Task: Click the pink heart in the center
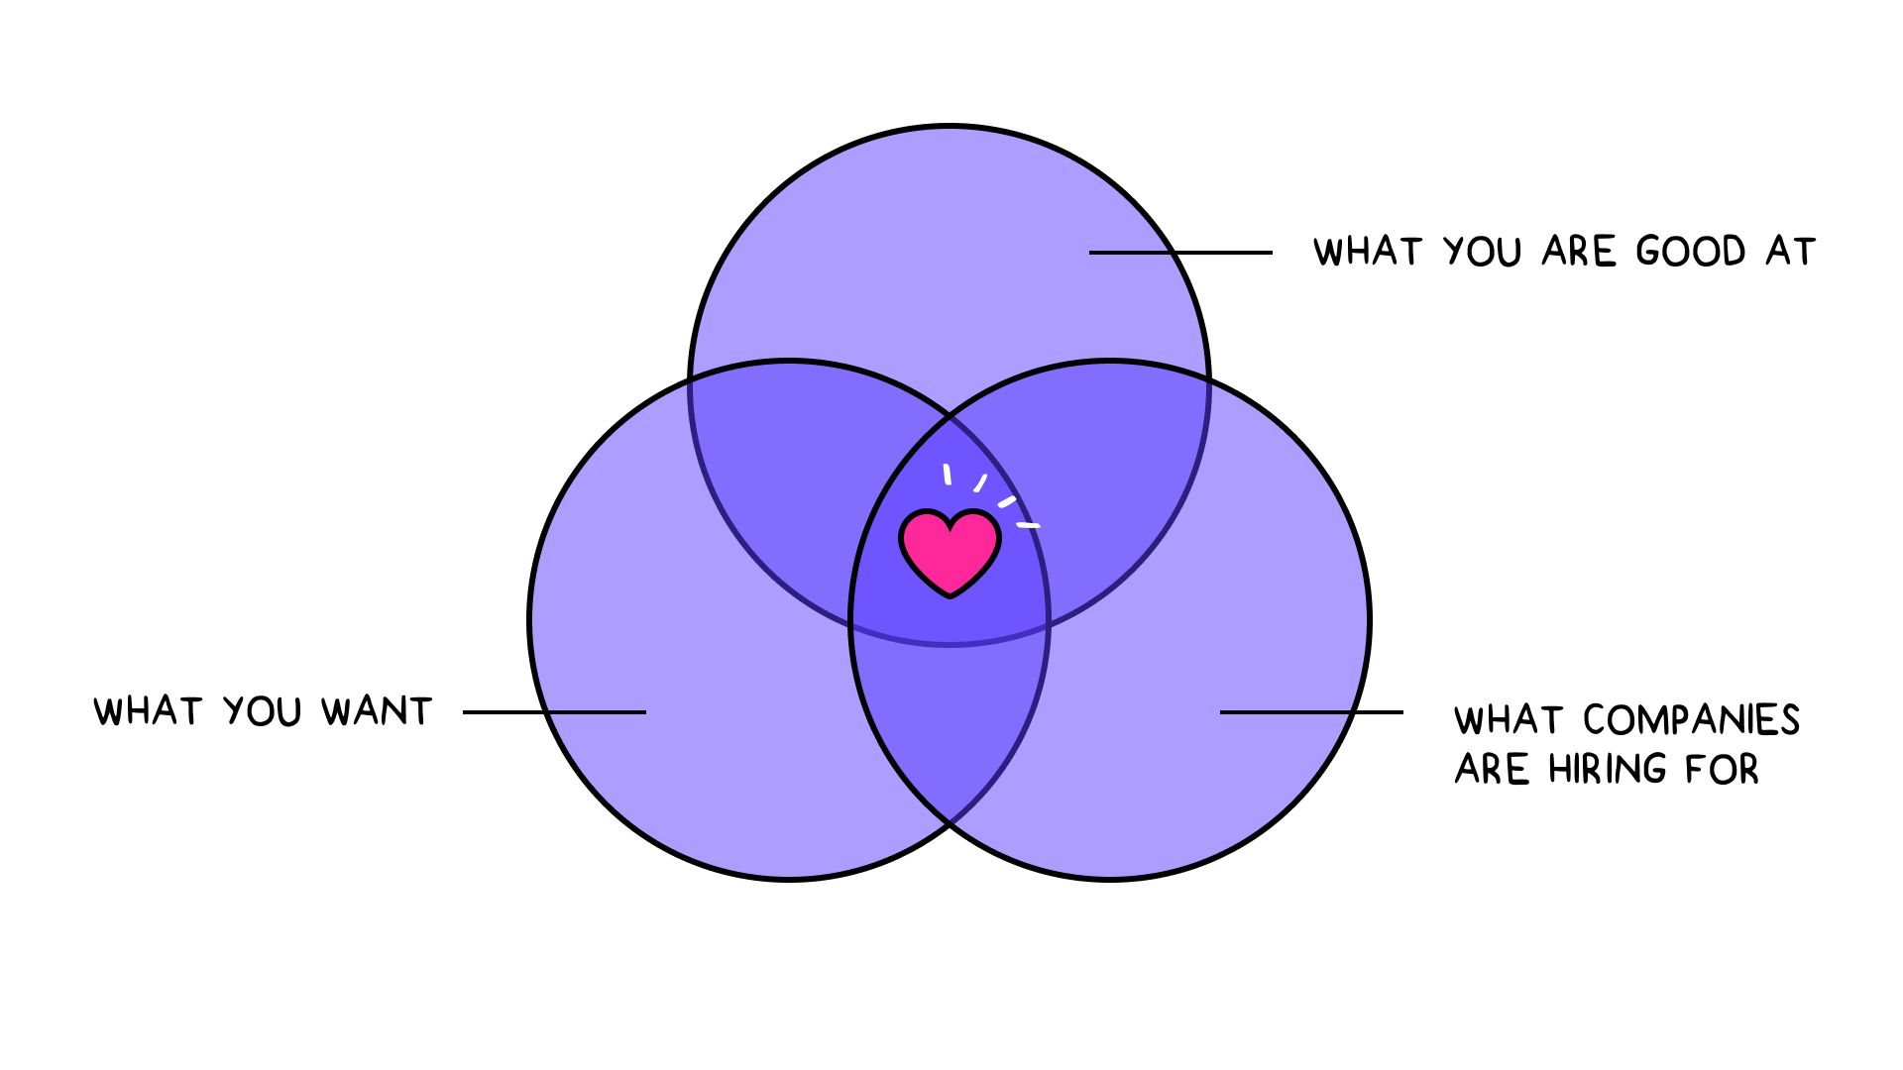[x=950, y=552]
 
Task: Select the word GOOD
[x=1690, y=252]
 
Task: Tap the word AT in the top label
[x=1790, y=252]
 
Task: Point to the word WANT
[x=377, y=711]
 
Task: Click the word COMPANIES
[x=1691, y=720]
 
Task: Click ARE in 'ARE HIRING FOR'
[x=1492, y=770]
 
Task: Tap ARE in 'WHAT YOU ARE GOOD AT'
[x=1579, y=252]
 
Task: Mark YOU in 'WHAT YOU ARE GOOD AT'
[x=1482, y=252]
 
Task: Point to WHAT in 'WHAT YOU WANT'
[x=148, y=711]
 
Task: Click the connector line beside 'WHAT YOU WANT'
[x=554, y=712]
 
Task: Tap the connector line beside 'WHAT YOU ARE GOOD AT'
[x=1180, y=253]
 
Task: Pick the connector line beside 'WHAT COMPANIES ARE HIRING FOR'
[x=1311, y=712]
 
